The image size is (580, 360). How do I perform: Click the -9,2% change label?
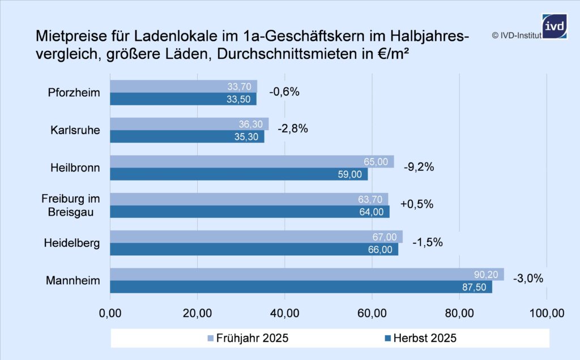[x=419, y=167]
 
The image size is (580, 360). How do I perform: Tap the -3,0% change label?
[x=528, y=278]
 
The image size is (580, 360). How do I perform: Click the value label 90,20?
[x=485, y=275]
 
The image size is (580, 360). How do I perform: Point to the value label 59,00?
[x=349, y=174]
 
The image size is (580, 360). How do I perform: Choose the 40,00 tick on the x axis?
[x=284, y=312]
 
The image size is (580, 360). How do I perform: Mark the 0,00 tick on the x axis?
[x=110, y=312]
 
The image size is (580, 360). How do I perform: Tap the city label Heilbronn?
[x=75, y=168]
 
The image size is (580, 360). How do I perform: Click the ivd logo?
[x=554, y=26]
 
